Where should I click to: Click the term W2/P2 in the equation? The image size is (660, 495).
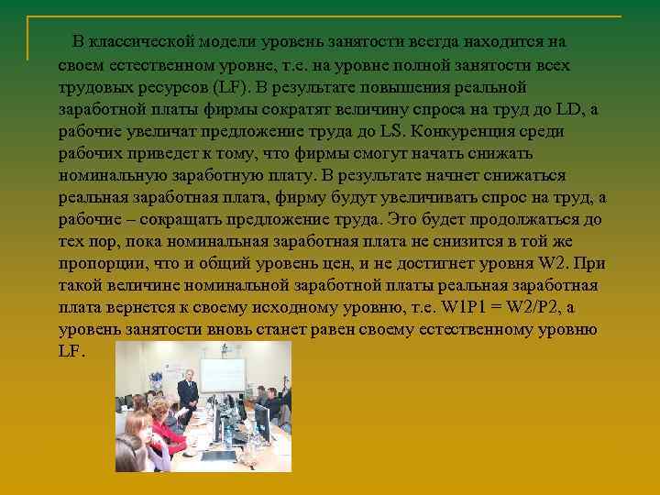[x=540, y=307]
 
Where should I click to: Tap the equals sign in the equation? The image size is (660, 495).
[x=500, y=307]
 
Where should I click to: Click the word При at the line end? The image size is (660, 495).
[x=591, y=263]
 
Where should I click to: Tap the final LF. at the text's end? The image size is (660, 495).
[x=71, y=351]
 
